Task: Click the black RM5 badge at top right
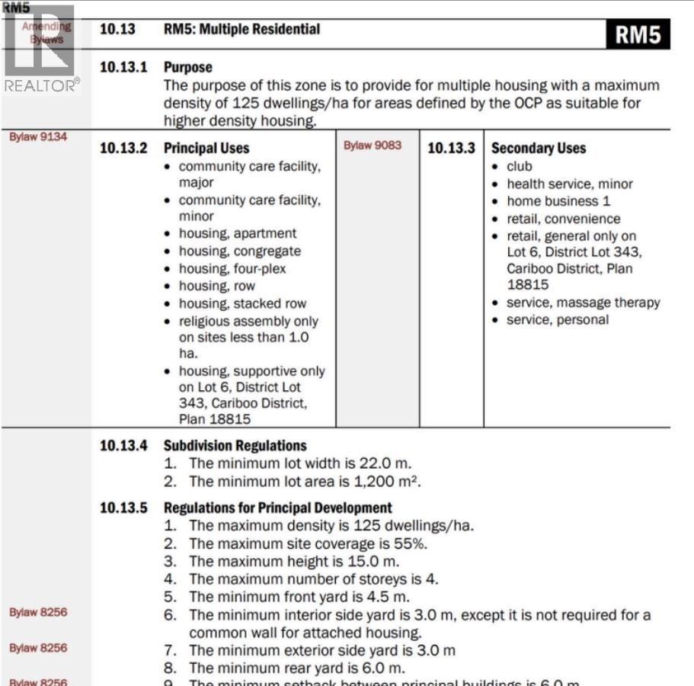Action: (x=638, y=34)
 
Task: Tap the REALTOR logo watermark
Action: (x=41, y=50)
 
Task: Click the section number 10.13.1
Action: (x=123, y=67)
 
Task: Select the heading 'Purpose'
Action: (x=187, y=67)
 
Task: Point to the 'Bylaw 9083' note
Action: (x=372, y=145)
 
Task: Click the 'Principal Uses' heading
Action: (x=206, y=148)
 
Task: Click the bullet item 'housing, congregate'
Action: (x=239, y=251)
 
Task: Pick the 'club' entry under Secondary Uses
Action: (x=520, y=166)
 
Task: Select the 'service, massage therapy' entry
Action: (x=583, y=303)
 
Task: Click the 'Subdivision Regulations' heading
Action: (x=235, y=446)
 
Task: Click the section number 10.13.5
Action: (x=123, y=508)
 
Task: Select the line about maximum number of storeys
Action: (x=313, y=579)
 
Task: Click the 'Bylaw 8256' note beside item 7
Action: (x=38, y=648)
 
